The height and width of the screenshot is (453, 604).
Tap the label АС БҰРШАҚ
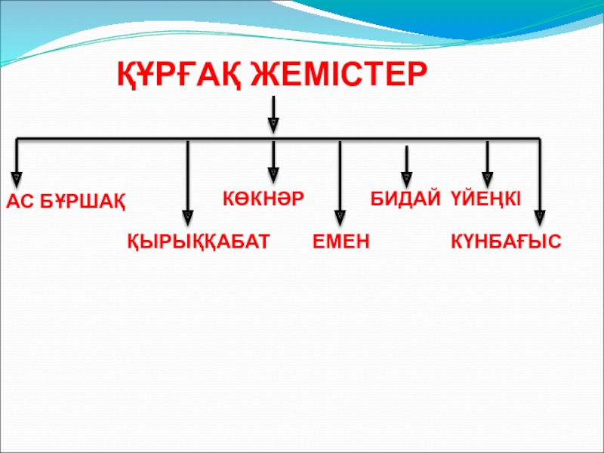click(67, 202)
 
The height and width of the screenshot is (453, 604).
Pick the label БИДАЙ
click(405, 199)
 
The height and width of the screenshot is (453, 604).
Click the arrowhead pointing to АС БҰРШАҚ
click(17, 177)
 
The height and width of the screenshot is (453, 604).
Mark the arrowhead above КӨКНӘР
click(273, 177)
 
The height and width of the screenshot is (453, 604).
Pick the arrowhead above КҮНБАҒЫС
click(538, 217)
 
